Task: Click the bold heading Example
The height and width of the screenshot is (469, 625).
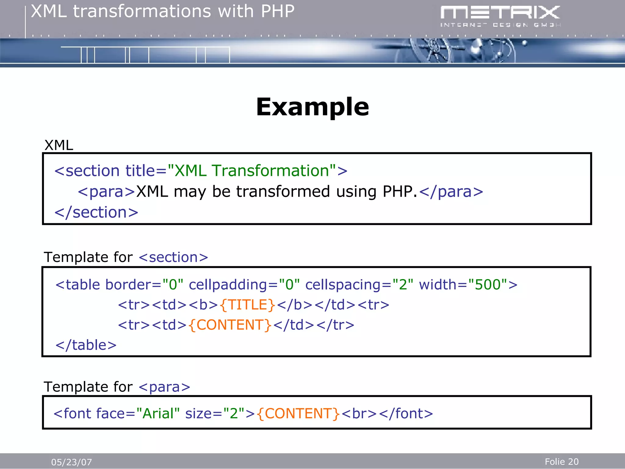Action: pyautogui.click(x=312, y=107)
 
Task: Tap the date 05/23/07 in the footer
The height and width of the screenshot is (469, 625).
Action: pyautogui.click(x=71, y=462)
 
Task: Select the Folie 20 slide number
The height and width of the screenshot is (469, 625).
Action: pyautogui.click(x=562, y=461)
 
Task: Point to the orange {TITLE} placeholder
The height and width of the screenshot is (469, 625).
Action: pyautogui.click(x=247, y=305)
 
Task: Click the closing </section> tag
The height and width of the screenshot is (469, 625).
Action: pyautogui.click(x=96, y=212)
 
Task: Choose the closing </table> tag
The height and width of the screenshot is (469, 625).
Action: pyautogui.click(x=86, y=345)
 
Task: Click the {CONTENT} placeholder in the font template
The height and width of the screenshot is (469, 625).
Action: pyautogui.click(x=298, y=413)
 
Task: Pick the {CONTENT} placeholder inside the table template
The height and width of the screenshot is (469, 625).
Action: pyautogui.click(x=230, y=325)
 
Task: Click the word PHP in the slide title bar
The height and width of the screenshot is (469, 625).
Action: pyautogui.click(x=277, y=12)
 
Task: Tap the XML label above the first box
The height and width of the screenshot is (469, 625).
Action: pyautogui.click(x=59, y=145)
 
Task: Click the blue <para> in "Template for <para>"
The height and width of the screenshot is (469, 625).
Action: pyautogui.click(x=164, y=387)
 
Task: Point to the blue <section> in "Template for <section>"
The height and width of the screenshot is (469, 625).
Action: pyautogui.click(x=173, y=257)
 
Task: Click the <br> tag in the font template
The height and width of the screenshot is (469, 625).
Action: pyautogui.click(x=359, y=413)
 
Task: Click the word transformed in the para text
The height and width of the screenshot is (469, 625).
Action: pyautogui.click(x=283, y=192)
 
